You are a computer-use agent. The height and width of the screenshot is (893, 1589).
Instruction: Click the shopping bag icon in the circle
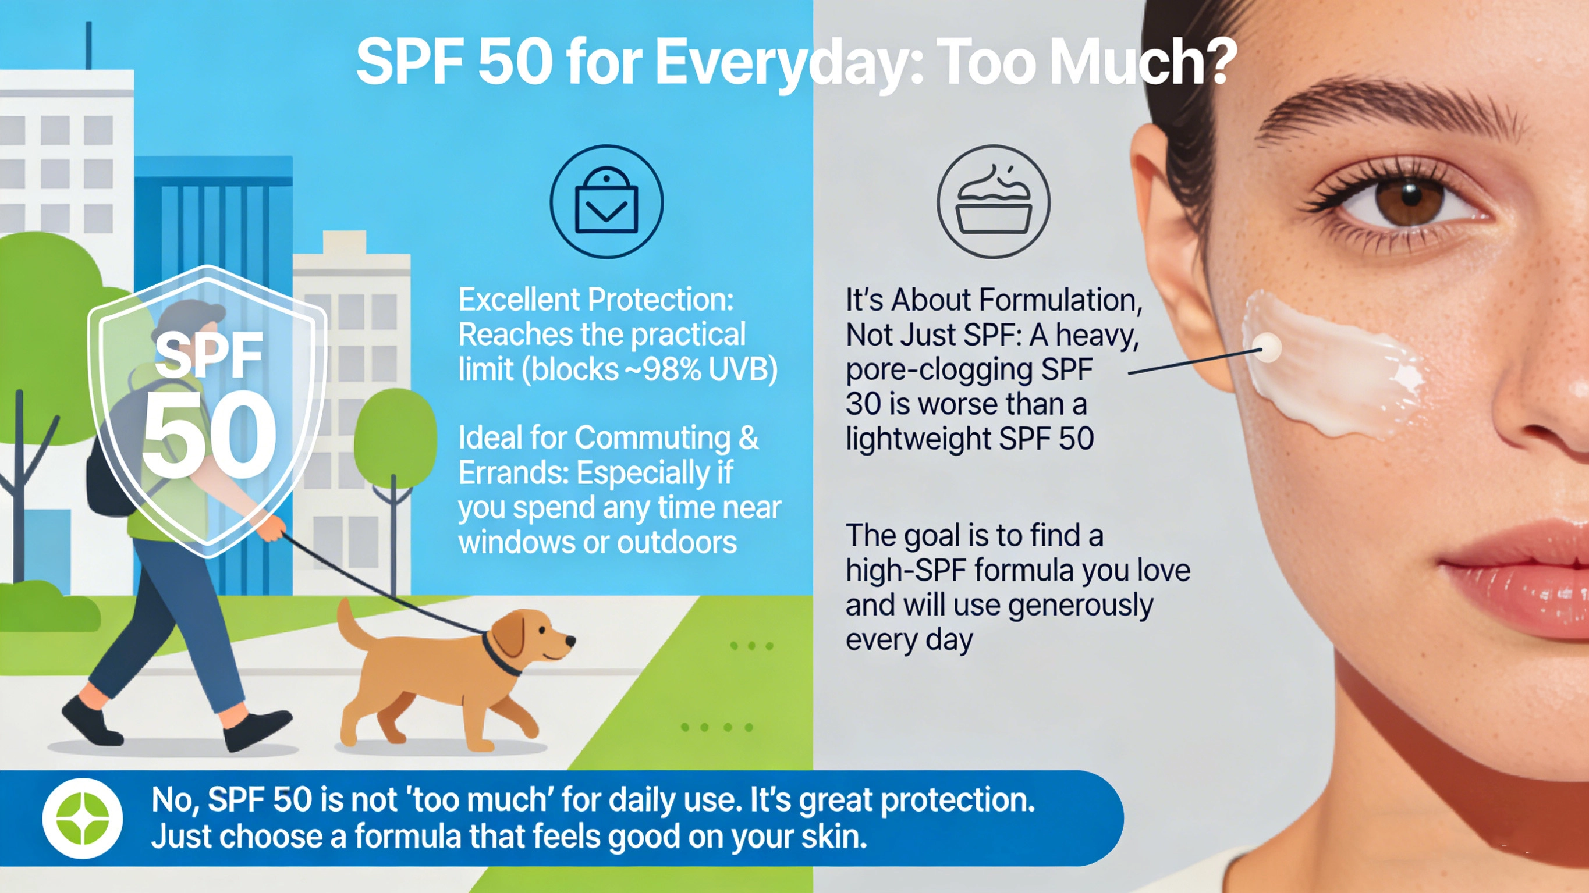606,202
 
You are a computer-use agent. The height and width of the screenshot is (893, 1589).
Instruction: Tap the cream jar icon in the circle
993,202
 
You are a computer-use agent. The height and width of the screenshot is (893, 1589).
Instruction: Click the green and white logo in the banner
82,819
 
